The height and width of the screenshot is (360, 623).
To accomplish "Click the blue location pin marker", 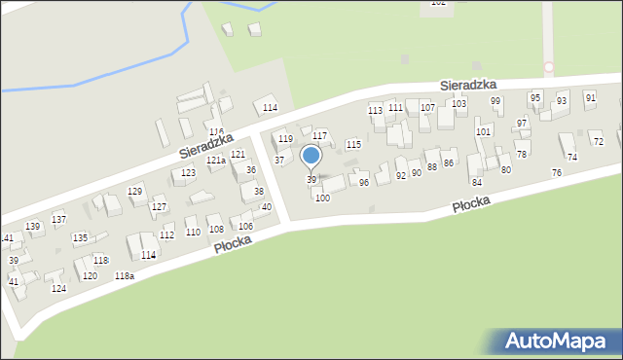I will click(311, 156).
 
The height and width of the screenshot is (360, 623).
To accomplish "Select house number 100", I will click(322, 198).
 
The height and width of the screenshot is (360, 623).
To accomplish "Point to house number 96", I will click(364, 182).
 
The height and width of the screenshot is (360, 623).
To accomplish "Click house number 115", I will click(353, 144).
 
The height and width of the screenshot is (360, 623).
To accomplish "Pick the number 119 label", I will click(285, 139).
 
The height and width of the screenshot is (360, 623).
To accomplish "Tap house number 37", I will click(279, 160).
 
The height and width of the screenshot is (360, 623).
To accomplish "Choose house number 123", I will click(188, 172).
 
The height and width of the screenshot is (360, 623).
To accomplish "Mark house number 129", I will click(135, 191).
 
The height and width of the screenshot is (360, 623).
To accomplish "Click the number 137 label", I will click(59, 219).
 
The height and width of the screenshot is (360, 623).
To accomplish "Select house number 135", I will click(80, 237).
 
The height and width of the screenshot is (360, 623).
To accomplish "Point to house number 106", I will click(246, 227).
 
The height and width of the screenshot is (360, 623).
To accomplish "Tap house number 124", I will click(58, 289).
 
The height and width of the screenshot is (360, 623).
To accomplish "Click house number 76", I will click(556, 172).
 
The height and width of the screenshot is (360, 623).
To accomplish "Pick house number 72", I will click(598, 142).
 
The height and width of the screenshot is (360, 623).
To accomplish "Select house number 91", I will click(590, 97).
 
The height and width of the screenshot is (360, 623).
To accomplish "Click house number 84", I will click(476, 182).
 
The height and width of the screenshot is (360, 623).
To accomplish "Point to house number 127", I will click(160, 207).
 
